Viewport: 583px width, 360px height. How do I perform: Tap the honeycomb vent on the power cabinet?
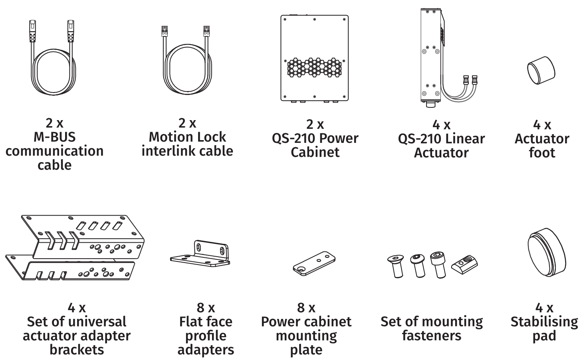pos(315,67)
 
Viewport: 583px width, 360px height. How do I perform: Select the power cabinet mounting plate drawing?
pos(314,263)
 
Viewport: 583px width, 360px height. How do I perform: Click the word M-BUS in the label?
pos(54,137)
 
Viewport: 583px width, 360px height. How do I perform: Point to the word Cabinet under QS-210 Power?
pos(315,152)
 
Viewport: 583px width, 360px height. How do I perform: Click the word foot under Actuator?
pos(542,152)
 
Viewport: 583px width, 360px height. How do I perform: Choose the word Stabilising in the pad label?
pos(544,322)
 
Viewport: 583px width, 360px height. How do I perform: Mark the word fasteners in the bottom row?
pos(431,336)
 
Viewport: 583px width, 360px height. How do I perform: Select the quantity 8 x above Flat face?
pos(206,308)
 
